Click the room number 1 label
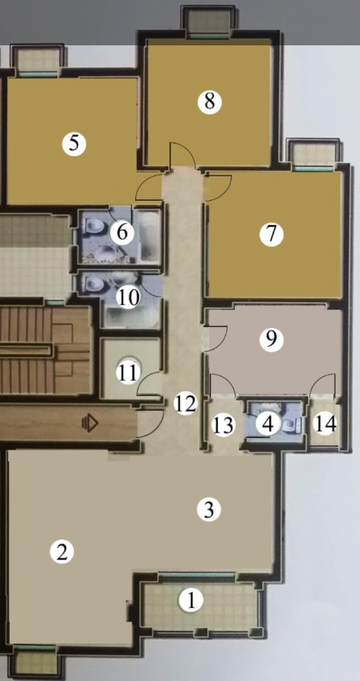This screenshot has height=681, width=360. point(191,601)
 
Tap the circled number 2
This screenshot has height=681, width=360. point(62,552)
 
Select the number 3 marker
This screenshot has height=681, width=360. point(209,510)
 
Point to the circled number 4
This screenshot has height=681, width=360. point(268,424)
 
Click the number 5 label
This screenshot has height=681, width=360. point(74,144)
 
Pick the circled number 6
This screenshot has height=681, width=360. point(122,233)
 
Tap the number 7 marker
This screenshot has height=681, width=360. point(271,234)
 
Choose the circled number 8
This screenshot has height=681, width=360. point(209,102)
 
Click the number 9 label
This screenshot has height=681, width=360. point(271,339)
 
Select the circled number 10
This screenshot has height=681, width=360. point(129,298)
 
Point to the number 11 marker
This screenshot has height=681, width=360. point(128,372)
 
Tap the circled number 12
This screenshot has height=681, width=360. point(185,403)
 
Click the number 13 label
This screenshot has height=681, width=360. point(224,425)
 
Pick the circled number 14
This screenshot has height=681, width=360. point(325,424)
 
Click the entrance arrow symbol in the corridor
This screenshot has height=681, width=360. point(90,424)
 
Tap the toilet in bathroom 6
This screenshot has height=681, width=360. point(92,225)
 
